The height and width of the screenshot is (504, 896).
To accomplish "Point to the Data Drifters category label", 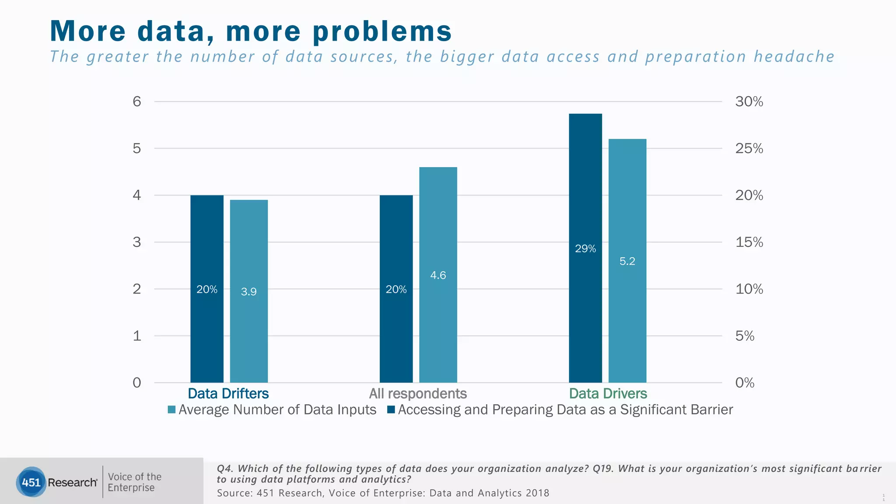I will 228,393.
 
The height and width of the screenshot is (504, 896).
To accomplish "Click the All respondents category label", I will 418,393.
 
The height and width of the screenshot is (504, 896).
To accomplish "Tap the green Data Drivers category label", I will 608,393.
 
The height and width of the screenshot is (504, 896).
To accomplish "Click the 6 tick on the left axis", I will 137,101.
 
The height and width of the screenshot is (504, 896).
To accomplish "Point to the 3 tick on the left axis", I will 137,242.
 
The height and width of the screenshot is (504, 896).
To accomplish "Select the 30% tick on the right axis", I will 749,101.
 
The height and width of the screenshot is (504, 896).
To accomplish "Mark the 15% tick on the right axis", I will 749,242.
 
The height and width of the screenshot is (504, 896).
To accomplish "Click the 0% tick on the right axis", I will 745,383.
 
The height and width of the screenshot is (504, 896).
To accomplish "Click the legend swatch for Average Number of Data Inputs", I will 171,410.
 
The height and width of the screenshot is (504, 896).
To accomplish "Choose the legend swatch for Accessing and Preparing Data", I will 392,410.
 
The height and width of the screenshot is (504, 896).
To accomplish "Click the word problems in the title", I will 382,31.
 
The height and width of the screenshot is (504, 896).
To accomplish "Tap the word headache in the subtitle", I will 794,57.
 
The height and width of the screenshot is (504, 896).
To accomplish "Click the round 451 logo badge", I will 31,482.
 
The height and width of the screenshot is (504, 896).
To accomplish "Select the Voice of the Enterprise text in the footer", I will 134,482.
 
